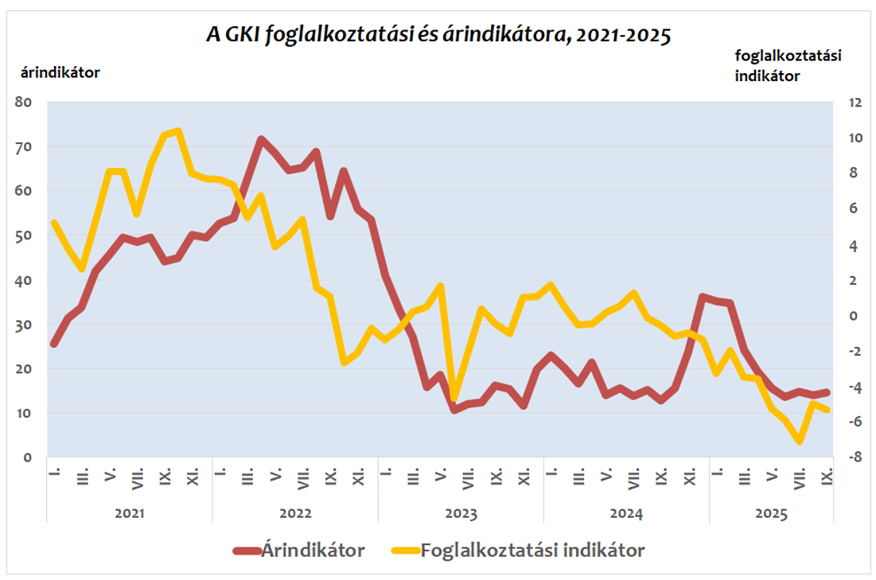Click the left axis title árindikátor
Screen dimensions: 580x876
tap(59, 72)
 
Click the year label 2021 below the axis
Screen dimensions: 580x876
tap(129, 514)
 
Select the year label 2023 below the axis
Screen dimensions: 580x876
tap(461, 514)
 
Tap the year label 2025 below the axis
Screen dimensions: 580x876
tap(770, 514)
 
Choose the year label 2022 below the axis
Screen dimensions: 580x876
tap(294, 514)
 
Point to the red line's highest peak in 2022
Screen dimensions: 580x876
tap(261, 140)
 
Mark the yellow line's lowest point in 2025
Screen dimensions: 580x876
tap(800, 441)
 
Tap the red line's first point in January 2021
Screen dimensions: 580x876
tap(53, 344)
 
